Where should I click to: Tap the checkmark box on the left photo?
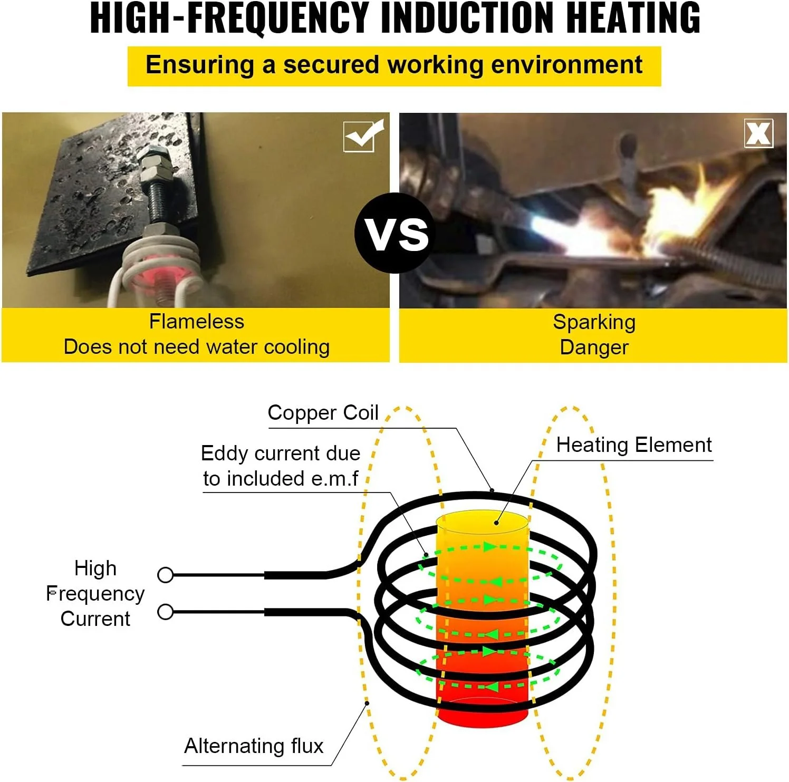tap(363, 136)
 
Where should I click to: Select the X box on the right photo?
tap(758, 133)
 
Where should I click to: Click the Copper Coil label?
tap(323, 413)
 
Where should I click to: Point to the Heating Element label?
tap(633, 445)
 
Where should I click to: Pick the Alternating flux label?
tap(254, 746)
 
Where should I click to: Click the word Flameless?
tap(196, 322)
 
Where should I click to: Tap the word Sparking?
tap(594, 322)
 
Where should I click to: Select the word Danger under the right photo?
tap(594, 347)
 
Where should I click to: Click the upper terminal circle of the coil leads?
tap(166, 575)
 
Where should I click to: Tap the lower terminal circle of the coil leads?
tap(166, 612)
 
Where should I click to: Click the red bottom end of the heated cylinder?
tap(482, 715)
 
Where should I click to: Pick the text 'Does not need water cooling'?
tap(196, 347)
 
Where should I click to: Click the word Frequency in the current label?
tap(95, 594)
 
